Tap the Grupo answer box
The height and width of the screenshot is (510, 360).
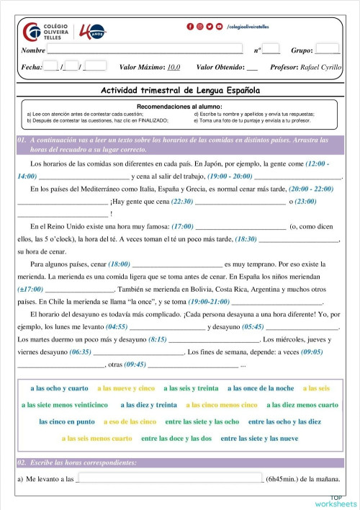point(327,50)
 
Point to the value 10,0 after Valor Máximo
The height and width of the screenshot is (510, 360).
point(174,68)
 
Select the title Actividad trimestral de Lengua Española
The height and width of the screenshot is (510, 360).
point(180,91)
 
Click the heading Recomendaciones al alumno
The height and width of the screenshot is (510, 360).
point(180,106)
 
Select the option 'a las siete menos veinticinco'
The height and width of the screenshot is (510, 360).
point(65,405)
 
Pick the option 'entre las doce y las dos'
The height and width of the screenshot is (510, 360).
point(176,438)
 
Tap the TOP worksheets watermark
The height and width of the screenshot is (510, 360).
point(336,501)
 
